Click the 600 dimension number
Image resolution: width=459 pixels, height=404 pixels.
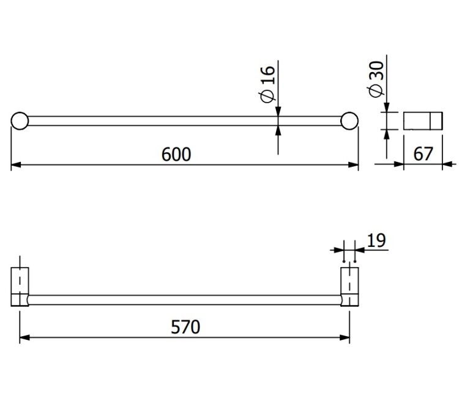(176, 155)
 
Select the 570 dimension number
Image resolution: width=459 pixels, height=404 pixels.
(185, 327)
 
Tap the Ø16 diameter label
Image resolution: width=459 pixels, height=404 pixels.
(267, 84)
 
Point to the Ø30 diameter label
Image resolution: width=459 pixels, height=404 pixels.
(376, 79)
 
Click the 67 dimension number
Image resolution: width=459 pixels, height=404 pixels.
(423, 154)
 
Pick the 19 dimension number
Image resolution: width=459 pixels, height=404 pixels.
(376, 241)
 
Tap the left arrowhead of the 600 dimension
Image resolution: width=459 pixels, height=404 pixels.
(16, 165)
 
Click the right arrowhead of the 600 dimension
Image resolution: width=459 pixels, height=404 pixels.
(353, 165)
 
